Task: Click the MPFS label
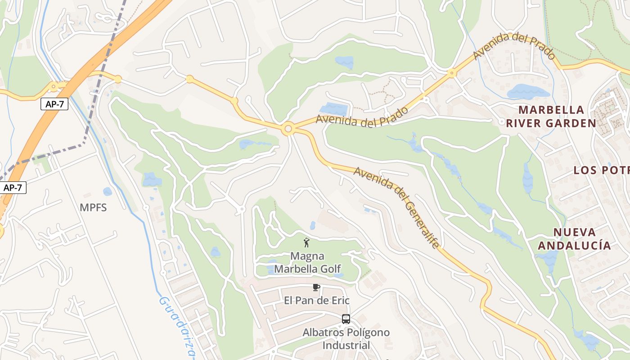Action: [x=93, y=207]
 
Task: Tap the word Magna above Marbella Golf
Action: [x=307, y=256]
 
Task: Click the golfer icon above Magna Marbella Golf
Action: [x=307, y=243]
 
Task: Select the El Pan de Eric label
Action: [x=317, y=300]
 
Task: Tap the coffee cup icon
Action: [x=316, y=287]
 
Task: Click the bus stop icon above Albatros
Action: [x=346, y=319]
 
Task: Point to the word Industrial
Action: [x=346, y=346]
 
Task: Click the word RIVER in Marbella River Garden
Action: [x=527, y=123]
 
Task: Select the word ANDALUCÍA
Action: [x=575, y=246]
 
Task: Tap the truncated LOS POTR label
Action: [x=601, y=170]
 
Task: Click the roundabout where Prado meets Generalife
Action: [x=288, y=130]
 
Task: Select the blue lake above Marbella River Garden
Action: [x=527, y=91]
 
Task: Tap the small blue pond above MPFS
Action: [x=107, y=191]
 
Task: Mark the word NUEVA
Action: [x=574, y=233]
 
